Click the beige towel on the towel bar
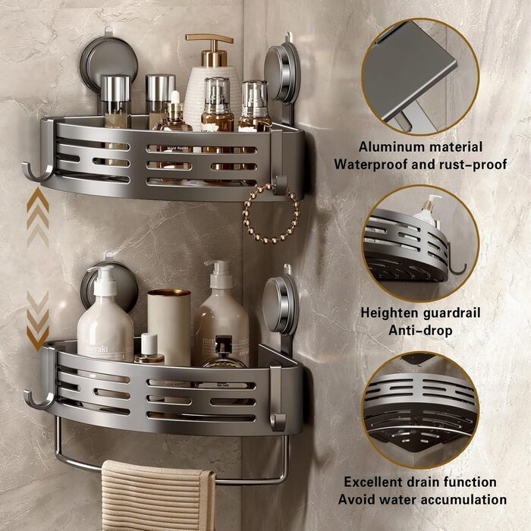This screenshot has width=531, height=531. coord(158,495)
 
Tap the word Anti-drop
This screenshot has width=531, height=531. coord(420,330)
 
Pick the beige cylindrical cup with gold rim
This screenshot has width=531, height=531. coord(169,327)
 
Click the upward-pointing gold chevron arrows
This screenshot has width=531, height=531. coord(38,217)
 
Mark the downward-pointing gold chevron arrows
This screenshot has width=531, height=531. coord(38,320)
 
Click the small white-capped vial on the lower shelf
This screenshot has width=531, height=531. coord(149,349)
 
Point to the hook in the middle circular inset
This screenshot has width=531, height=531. coord(457,261)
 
